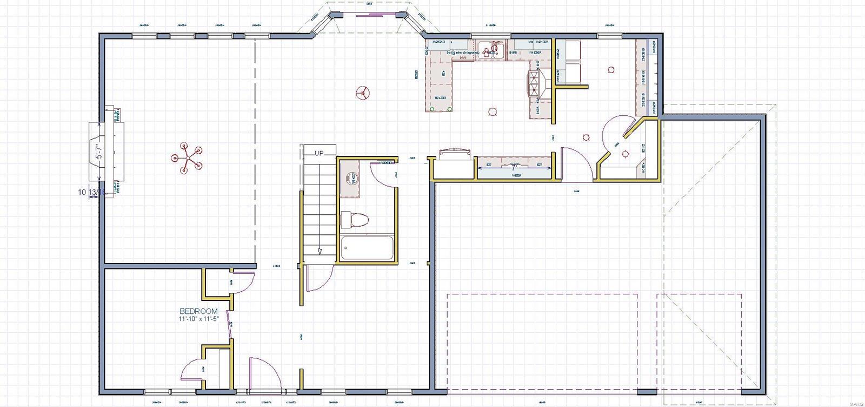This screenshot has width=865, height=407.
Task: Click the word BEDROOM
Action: click(x=198, y=311)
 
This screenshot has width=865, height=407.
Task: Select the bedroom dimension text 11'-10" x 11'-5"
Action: click(x=198, y=319)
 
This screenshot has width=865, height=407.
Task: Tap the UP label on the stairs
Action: click(x=319, y=153)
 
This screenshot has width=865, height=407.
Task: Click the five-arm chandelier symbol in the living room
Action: click(x=187, y=158)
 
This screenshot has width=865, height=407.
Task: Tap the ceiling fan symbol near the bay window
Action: click(x=363, y=93)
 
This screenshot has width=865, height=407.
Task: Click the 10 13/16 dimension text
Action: click(x=90, y=192)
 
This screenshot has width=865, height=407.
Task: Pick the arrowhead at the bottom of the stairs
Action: click(x=320, y=251)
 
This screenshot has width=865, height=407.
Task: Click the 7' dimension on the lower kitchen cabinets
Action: click(x=515, y=168)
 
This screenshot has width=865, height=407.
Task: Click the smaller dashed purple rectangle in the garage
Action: click(x=698, y=341)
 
